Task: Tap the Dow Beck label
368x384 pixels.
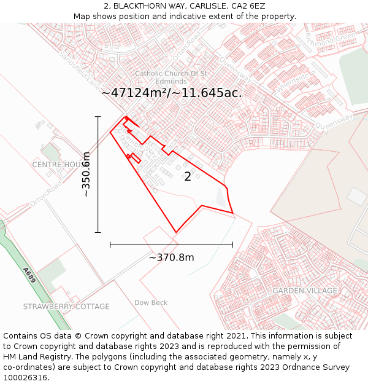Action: click(x=151, y=302)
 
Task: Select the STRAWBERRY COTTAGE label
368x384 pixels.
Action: click(x=66, y=306)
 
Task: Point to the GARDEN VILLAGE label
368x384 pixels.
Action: click(x=305, y=291)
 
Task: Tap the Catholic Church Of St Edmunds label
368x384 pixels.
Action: click(x=171, y=77)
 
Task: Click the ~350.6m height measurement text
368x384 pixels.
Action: click(x=86, y=174)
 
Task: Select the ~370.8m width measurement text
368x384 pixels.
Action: click(x=171, y=257)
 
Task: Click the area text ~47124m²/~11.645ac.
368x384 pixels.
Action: click(x=172, y=93)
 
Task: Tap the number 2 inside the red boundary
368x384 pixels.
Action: click(x=188, y=177)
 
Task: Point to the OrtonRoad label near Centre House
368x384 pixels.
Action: click(x=45, y=195)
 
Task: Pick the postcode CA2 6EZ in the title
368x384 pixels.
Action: click(x=248, y=6)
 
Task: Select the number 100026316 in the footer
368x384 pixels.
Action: click(x=26, y=378)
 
